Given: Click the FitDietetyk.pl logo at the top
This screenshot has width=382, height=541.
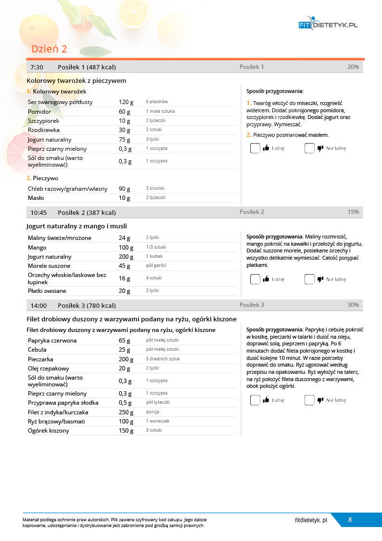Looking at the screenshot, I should click(x=328, y=25).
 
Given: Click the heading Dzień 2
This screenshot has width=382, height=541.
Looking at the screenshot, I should click(x=49, y=49).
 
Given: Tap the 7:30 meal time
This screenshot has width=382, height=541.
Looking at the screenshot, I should click(x=37, y=67).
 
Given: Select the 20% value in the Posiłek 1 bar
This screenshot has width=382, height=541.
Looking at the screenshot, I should click(x=353, y=67).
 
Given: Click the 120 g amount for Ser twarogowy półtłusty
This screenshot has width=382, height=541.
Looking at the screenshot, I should click(x=126, y=102).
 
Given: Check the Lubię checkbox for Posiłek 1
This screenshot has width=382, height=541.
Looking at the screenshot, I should click(x=255, y=148).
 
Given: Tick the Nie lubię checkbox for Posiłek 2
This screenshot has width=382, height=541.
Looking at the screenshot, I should click(x=309, y=279).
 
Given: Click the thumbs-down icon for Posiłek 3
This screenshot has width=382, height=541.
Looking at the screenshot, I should click(x=320, y=400).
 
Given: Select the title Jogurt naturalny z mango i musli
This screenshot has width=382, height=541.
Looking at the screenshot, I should click(x=76, y=226).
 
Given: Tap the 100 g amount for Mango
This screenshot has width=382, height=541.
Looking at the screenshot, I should click(x=126, y=248).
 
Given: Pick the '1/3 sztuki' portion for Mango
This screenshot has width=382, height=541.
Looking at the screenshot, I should click(x=156, y=247).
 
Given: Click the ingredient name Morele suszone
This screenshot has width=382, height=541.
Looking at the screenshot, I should click(x=49, y=266).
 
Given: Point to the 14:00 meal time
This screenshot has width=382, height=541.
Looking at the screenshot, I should click(x=38, y=305).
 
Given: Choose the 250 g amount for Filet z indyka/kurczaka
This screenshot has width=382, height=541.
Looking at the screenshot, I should click(x=126, y=412).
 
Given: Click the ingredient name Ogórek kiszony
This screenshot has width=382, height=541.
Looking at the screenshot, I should click(x=49, y=431).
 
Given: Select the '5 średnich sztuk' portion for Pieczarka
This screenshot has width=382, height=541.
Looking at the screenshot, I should click(x=163, y=359).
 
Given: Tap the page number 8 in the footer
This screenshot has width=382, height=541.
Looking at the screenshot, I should click(x=350, y=520).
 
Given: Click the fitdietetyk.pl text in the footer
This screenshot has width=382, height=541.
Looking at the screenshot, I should click(x=311, y=520).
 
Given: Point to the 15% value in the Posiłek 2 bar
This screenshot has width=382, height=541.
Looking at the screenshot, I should click(x=353, y=212).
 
